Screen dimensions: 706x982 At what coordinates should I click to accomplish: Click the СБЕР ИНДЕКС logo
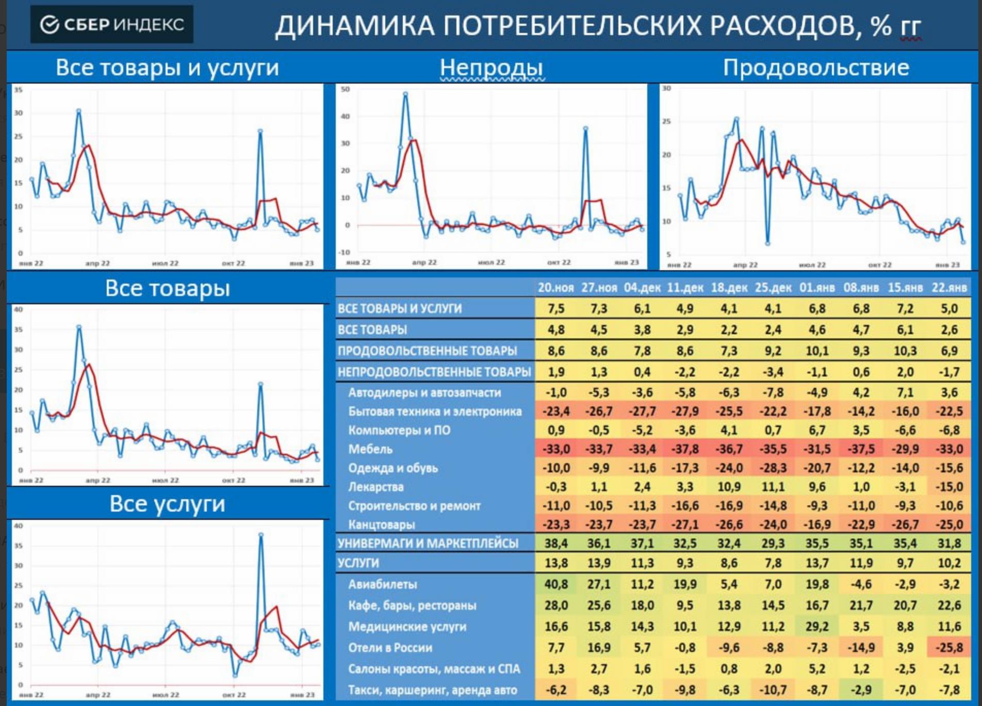click(112, 24)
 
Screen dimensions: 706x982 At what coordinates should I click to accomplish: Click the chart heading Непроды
click(491, 68)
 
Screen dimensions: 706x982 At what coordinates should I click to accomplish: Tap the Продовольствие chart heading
click(815, 68)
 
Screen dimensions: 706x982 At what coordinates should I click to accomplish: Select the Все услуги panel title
click(167, 504)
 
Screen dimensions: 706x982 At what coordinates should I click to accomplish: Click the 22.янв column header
click(949, 288)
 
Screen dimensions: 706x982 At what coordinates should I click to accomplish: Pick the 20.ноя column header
click(555, 288)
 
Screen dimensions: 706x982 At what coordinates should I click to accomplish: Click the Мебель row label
click(370, 449)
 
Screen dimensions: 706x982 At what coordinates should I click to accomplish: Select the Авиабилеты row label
click(382, 584)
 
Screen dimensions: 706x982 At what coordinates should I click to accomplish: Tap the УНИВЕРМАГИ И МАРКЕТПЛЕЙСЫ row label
click(428, 544)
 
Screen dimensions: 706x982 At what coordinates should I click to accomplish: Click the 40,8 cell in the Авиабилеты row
click(556, 584)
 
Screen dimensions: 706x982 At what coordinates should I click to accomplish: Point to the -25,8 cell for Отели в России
click(949, 648)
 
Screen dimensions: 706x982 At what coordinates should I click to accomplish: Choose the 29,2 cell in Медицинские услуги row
click(817, 627)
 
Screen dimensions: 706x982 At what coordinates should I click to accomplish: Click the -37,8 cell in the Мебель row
click(685, 449)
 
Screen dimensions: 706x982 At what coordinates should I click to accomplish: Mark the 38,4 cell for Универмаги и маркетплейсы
click(556, 544)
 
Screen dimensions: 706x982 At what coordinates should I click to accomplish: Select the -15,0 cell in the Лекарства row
click(949, 487)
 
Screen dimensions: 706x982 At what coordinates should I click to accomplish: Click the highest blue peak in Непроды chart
click(405, 94)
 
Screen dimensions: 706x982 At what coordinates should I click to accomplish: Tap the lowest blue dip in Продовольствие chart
click(767, 243)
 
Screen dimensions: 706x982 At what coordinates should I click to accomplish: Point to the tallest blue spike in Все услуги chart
click(261, 535)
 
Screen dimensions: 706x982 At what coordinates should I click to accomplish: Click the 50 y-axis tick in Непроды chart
click(346, 90)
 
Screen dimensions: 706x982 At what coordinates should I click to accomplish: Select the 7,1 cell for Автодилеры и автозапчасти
click(905, 392)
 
